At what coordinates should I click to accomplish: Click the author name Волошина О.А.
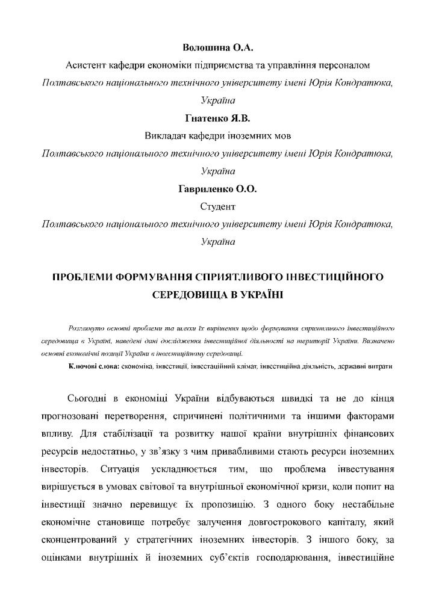[x=217, y=47]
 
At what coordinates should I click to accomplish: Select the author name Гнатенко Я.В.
[x=217, y=117]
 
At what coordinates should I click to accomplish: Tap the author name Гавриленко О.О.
[x=217, y=189]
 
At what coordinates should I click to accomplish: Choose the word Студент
[x=217, y=206]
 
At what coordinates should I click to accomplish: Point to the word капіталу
[x=351, y=518]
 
